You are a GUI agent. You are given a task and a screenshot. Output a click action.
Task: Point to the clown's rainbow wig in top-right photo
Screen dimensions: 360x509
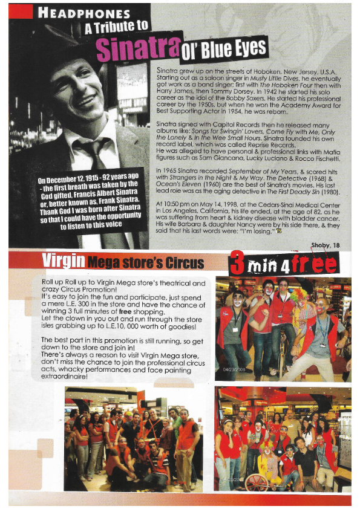coord(299,294)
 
